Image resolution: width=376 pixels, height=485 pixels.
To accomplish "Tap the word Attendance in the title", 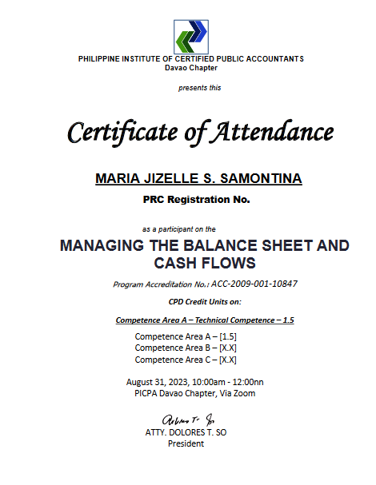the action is [x=271, y=132].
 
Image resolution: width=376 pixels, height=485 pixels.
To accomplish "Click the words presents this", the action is [x=199, y=88].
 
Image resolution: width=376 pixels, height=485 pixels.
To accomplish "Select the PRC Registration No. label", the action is [x=196, y=200].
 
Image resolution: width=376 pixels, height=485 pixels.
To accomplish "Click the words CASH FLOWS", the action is [x=205, y=263].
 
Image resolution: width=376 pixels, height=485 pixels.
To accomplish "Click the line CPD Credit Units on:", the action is [x=205, y=302].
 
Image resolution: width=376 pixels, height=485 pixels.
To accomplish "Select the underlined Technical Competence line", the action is [x=205, y=320].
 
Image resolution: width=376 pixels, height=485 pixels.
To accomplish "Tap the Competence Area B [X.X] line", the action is [x=185, y=348].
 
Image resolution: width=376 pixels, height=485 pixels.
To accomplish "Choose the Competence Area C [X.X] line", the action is [x=185, y=359].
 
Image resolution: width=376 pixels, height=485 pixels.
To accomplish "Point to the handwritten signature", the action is [x=189, y=420].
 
